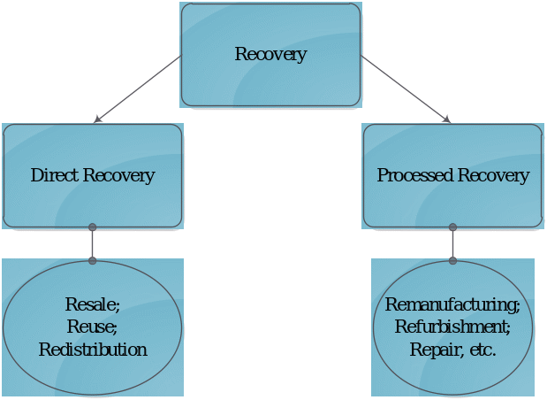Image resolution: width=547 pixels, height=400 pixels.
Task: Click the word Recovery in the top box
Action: pos(270,55)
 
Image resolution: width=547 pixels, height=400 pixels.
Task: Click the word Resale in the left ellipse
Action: pos(91,305)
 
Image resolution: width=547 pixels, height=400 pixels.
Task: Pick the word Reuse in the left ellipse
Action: pos(91,327)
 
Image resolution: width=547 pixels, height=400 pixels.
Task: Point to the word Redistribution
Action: pos(93,350)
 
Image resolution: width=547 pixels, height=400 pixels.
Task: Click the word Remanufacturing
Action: pos(452,305)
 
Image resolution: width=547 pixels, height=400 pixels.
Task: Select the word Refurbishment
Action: pos(452,327)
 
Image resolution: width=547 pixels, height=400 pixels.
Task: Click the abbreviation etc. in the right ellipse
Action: pos(482,350)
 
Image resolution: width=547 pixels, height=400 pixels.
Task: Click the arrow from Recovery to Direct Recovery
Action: pos(138,88)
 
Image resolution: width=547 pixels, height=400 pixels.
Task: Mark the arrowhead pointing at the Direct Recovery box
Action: pos(98,119)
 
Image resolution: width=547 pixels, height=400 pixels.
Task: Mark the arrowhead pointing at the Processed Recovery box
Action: pos(446,119)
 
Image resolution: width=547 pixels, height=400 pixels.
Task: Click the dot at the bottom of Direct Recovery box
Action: pos(93,227)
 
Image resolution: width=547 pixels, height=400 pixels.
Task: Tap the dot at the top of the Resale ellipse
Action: pos(93,261)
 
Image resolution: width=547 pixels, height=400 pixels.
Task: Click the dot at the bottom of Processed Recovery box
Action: pos(452,227)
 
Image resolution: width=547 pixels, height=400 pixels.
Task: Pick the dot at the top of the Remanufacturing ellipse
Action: pos(452,261)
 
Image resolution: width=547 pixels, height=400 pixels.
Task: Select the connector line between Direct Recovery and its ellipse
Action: pos(93,244)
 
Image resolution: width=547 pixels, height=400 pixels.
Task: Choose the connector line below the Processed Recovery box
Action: pos(452,244)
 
